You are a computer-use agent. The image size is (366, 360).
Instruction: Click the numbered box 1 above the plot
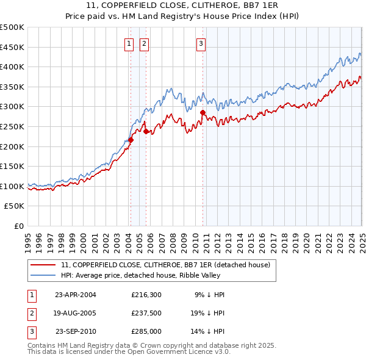point(130,43)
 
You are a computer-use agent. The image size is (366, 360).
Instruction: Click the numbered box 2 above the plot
point(144,43)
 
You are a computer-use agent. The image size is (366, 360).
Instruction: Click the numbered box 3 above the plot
point(201,43)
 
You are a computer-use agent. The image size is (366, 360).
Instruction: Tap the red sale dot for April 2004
point(131,140)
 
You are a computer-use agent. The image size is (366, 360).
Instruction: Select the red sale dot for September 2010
point(202,112)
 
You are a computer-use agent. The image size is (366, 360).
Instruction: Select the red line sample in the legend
point(43,264)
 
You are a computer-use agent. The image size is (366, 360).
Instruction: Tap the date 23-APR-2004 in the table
point(76,294)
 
